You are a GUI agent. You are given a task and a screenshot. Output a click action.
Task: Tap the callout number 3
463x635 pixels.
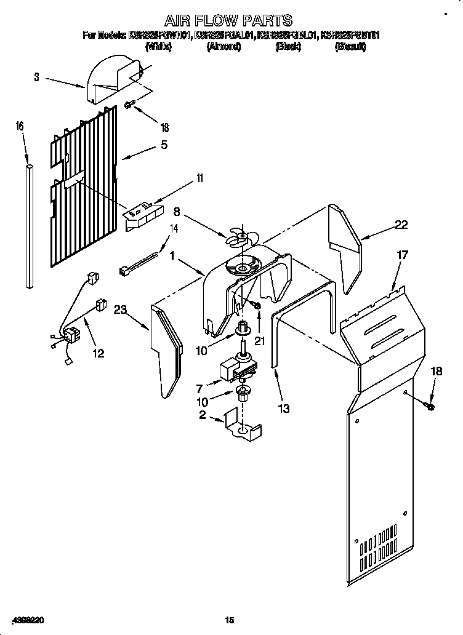pos(37,77)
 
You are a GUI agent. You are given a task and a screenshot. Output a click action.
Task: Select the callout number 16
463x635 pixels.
pos(20,126)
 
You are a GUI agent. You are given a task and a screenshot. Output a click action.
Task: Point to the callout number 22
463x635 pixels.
pos(401,225)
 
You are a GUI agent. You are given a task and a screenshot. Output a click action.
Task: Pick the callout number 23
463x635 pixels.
pos(119,311)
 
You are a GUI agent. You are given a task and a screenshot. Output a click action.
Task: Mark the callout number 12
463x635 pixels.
pos(98,353)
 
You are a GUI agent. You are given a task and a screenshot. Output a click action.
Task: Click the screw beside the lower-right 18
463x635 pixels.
pos(430,405)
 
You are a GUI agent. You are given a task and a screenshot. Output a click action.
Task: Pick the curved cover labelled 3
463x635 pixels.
pos(114,79)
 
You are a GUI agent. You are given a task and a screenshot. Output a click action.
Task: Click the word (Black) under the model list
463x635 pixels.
pos(288,47)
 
